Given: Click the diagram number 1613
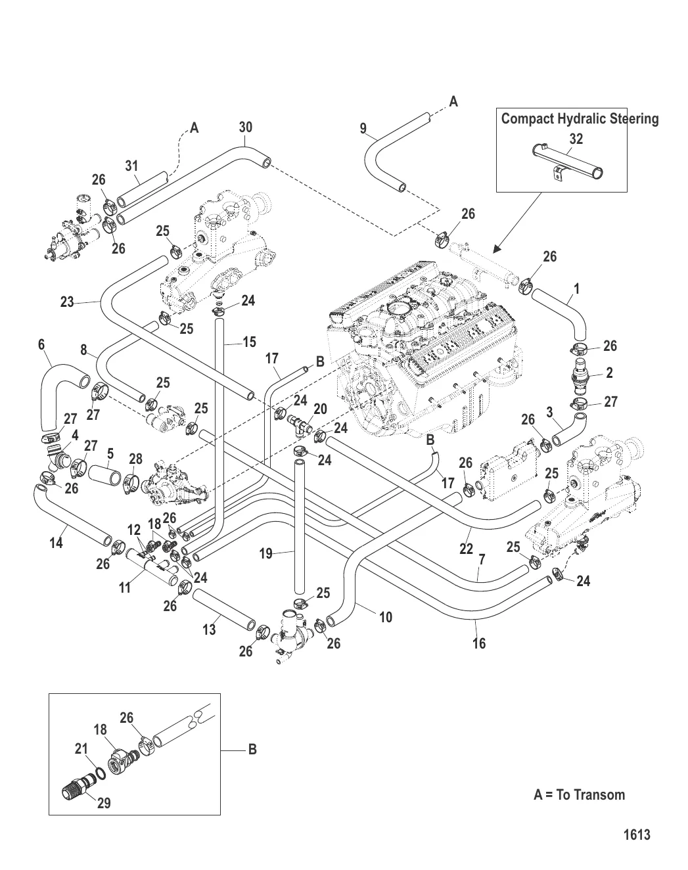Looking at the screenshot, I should coord(636,835).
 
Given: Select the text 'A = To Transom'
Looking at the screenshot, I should coord(579,794).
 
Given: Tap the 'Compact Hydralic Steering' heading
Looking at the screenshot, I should coord(580,119).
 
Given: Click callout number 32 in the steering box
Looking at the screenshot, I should coord(576,139).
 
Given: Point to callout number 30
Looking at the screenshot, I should coord(245,127).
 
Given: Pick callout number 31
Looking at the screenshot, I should coord(132,166).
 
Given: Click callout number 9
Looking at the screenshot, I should coord(363,129).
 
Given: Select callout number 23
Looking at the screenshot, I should coord(67,302).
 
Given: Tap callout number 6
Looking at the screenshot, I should coord(41,344).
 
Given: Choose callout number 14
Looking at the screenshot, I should coord(57,543).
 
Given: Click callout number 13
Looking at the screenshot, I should coord(209,630).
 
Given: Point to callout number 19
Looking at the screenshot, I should coord(265,554).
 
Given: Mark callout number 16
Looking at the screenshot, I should coord(479,643).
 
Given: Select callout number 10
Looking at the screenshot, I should coord(386,617).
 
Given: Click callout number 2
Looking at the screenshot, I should coord(609,373).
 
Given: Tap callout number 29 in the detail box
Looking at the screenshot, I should coord(104,802).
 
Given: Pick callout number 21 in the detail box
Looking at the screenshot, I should coord(81,748).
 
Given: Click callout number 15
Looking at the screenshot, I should coord(249,342).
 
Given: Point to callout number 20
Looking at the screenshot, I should coord(320,409).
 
